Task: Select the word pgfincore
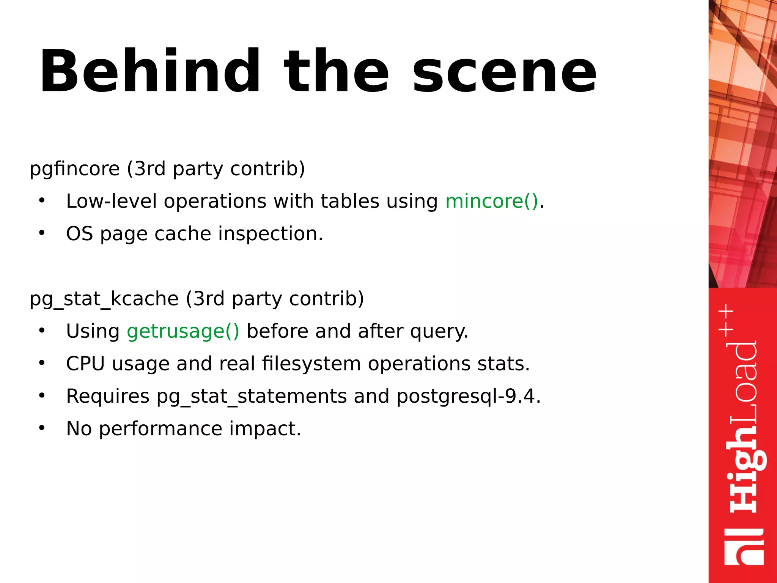[x=75, y=169]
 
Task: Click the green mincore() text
[x=492, y=201]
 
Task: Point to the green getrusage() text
[x=183, y=331]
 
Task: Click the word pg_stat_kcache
[x=104, y=299]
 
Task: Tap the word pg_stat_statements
[x=252, y=396]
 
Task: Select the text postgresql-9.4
[x=468, y=396]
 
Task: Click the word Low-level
[x=111, y=201]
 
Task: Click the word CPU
[x=85, y=364]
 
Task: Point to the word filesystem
[x=311, y=364]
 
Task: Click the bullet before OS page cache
[x=42, y=233]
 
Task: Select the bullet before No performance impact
[x=42, y=428]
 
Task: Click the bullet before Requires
[x=42, y=395]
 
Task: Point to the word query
[x=439, y=331]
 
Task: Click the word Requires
[x=108, y=396]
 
